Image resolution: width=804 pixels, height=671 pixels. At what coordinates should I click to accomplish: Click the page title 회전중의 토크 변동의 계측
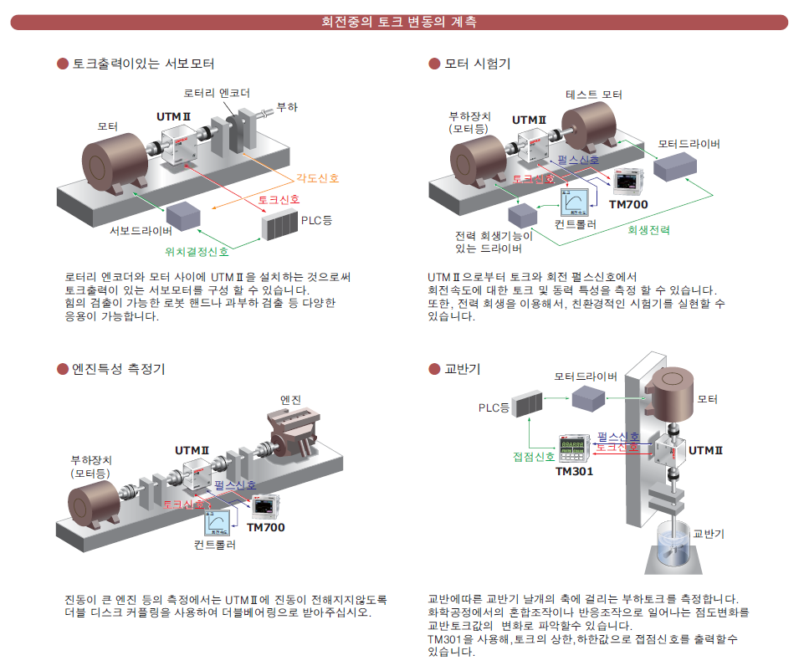click(x=400, y=23)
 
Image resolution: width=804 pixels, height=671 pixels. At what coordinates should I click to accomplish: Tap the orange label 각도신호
click(x=317, y=178)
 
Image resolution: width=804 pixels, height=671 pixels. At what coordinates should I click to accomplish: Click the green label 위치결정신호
click(x=198, y=250)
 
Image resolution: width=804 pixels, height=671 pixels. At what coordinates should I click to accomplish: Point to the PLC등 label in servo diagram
click(x=315, y=221)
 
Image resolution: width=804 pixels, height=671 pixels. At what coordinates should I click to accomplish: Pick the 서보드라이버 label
click(x=141, y=231)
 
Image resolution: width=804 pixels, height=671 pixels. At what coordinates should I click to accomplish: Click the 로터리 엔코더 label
click(x=218, y=93)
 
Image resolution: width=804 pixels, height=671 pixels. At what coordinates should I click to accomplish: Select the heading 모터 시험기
click(x=477, y=64)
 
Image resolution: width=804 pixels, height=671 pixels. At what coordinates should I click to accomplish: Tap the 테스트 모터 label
click(x=594, y=95)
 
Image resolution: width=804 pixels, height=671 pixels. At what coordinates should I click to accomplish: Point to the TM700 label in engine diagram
click(x=266, y=527)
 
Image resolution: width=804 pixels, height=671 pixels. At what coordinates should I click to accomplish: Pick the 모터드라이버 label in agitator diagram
click(x=586, y=376)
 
